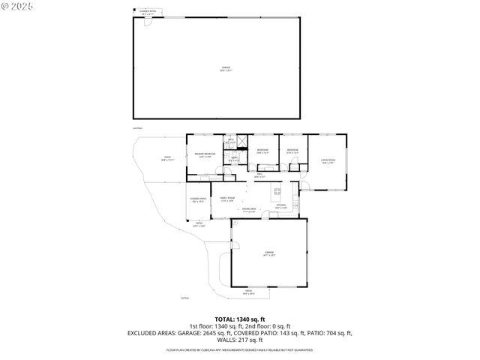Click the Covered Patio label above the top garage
point(148,13)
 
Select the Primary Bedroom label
point(205,155)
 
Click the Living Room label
point(328,160)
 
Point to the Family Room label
point(227,199)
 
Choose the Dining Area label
point(259,211)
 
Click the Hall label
point(258,175)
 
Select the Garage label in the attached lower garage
point(268,253)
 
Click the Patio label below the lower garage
point(248,292)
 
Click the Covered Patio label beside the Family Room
point(199,200)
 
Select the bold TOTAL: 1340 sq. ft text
point(240,319)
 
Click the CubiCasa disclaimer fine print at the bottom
point(240,349)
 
